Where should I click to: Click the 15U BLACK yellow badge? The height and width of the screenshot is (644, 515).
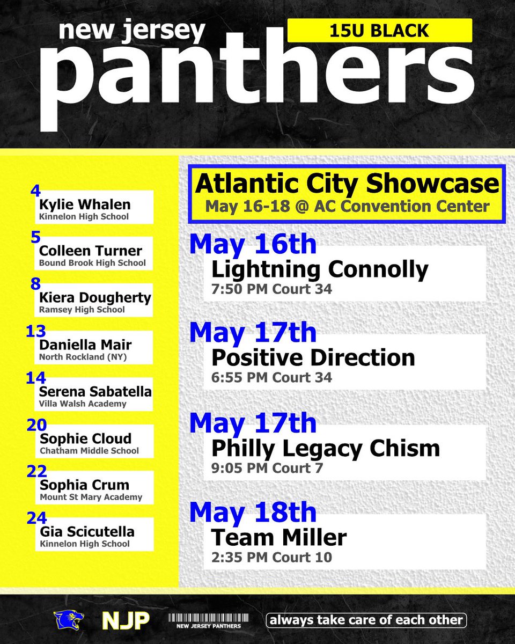pos(380,31)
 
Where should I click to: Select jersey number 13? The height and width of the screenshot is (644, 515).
pos(36,331)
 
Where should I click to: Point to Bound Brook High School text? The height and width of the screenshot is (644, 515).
pos(92,263)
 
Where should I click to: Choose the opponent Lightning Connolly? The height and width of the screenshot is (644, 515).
pos(320,269)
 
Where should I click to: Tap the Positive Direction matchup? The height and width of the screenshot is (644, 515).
pos(313,357)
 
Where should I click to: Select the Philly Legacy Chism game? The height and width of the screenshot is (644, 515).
pos(326,448)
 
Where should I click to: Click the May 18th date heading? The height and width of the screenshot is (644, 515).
pos(253,512)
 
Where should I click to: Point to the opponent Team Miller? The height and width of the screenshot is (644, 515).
pos(279,537)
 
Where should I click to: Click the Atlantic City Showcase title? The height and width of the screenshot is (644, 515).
pos(347,184)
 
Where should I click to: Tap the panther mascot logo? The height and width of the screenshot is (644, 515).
pos(68,620)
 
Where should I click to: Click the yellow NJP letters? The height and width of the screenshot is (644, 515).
pos(126,621)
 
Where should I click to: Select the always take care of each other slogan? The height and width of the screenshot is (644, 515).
pos(366,620)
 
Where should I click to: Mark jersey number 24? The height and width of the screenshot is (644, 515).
pos(36,518)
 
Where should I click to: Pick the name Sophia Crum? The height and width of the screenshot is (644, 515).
pos(84,485)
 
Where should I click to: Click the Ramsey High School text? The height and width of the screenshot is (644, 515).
pos(82,310)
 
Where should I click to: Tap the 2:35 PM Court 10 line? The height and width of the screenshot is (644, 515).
pos(272,557)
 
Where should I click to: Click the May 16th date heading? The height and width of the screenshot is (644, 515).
pos(253,244)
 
